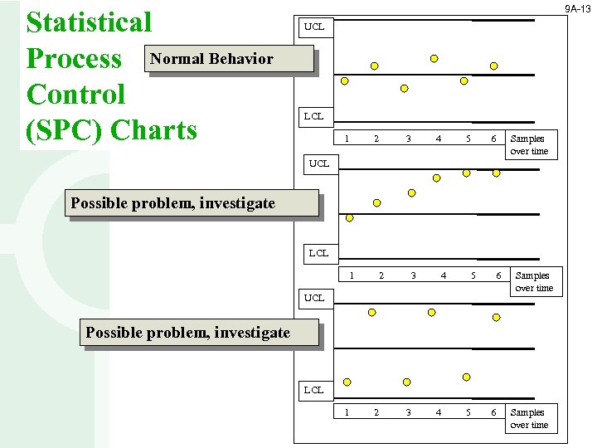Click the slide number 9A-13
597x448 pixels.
click(x=577, y=8)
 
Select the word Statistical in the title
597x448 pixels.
click(x=90, y=22)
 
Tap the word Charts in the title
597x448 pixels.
click(x=153, y=129)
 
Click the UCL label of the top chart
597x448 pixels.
click(x=314, y=27)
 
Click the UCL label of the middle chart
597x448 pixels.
click(x=319, y=163)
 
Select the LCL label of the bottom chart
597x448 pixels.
click(x=314, y=389)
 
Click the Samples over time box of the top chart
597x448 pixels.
click(x=529, y=145)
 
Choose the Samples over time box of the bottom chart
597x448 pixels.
click(x=529, y=418)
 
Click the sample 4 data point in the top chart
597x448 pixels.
click(x=434, y=59)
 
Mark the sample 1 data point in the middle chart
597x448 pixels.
click(x=349, y=218)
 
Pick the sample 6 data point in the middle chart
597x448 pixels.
click(x=496, y=173)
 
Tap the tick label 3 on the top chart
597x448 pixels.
click(x=408, y=139)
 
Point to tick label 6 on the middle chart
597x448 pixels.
click(x=498, y=275)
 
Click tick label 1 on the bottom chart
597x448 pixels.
click(x=347, y=412)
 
